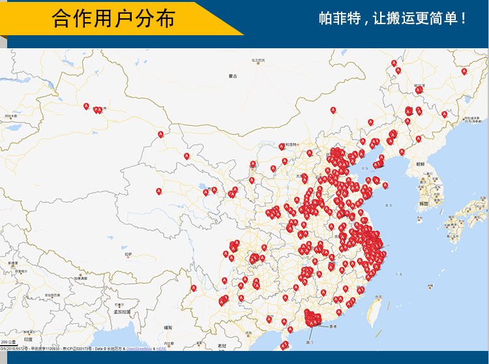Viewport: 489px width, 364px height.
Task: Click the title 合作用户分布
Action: point(113,18)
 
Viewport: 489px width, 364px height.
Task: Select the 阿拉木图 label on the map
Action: point(10,115)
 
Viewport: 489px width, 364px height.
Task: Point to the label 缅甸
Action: point(168,326)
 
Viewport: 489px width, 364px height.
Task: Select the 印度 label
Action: point(28,339)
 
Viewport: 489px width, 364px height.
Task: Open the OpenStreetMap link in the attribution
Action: point(138,349)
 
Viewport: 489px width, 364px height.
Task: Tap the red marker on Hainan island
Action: point(284,346)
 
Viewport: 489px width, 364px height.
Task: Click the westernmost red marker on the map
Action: point(86,106)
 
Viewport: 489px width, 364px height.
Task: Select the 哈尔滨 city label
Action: point(419,84)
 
